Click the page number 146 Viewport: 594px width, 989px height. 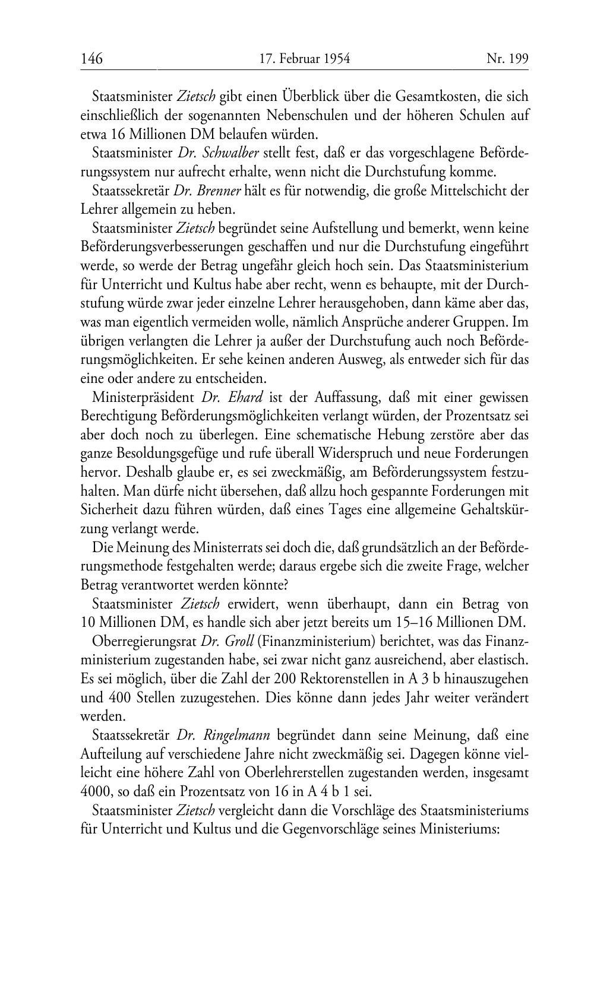click(x=91, y=59)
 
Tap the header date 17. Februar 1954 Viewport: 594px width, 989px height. click(x=305, y=59)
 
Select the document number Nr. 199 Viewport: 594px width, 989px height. click(x=507, y=59)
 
